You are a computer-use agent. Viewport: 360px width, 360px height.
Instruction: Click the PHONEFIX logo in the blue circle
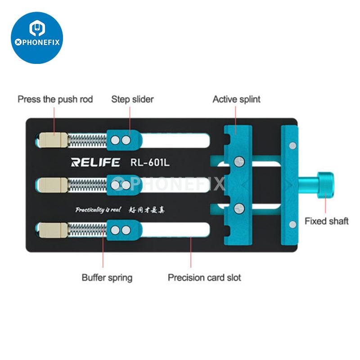(x=37, y=38)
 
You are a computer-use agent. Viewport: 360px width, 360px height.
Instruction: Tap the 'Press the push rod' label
(x=55, y=99)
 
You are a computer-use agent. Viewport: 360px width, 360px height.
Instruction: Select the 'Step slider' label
(x=132, y=99)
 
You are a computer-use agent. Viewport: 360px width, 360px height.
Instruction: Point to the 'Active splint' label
(x=236, y=99)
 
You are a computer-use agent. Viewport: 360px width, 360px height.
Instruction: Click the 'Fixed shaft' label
(x=326, y=221)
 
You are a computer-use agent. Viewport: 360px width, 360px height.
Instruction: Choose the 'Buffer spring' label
(x=107, y=277)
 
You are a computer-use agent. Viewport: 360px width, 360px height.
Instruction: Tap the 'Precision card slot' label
(x=204, y=277)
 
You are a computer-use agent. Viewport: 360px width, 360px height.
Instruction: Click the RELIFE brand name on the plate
(x=96, y=162)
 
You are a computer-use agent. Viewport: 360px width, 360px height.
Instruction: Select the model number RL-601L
(x=150, y=162)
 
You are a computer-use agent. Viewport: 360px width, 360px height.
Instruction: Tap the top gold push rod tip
(x=51, y=140)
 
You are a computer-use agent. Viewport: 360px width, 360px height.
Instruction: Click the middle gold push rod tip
(x=51, y=184)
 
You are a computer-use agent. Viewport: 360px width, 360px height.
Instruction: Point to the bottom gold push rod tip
(x=51, y=230)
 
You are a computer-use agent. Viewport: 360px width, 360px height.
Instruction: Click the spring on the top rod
(x=87, y=140)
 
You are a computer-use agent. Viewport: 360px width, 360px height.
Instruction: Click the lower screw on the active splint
(x=238, y=207)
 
